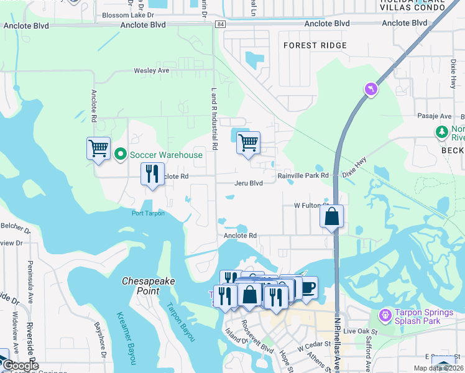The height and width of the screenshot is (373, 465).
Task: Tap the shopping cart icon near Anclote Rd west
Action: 98,149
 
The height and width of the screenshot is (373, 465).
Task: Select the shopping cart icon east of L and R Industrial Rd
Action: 248,143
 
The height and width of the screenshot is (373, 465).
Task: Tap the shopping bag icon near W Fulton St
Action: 332,216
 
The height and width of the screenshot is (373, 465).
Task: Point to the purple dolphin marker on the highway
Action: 372,90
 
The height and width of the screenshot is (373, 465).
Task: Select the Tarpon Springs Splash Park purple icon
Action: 385,316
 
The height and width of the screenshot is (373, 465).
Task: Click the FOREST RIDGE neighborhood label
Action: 315,45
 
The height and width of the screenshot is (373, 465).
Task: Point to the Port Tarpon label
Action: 148,213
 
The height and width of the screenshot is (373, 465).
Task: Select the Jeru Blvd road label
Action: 249,183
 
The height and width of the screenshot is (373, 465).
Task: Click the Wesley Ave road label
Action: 152,71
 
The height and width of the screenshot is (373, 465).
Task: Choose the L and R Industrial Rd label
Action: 214,119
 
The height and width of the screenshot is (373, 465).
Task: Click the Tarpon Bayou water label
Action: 180,321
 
